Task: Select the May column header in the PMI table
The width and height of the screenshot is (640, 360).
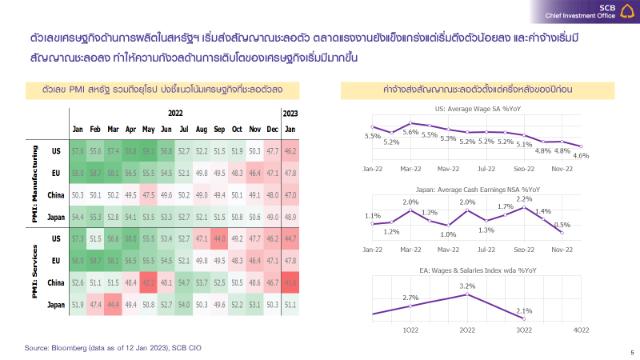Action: tap(148, 129)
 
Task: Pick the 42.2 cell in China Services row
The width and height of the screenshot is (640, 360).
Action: tap(148, 282)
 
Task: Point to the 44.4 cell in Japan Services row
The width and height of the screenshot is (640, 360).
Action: tap(113, 304)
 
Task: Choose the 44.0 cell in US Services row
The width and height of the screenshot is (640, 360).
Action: tap(219, 238)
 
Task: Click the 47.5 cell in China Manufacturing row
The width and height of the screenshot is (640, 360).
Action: tap(148, 194)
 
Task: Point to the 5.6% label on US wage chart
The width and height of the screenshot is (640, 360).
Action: tap(411, 132)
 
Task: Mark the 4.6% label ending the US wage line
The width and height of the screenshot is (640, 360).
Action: tap(582, 155)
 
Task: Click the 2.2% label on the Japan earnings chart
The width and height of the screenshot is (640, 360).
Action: tap(524, 198)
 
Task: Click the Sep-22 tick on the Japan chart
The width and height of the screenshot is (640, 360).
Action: tap(524, 250)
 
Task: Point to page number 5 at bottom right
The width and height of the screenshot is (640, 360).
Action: tap(631, 353)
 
